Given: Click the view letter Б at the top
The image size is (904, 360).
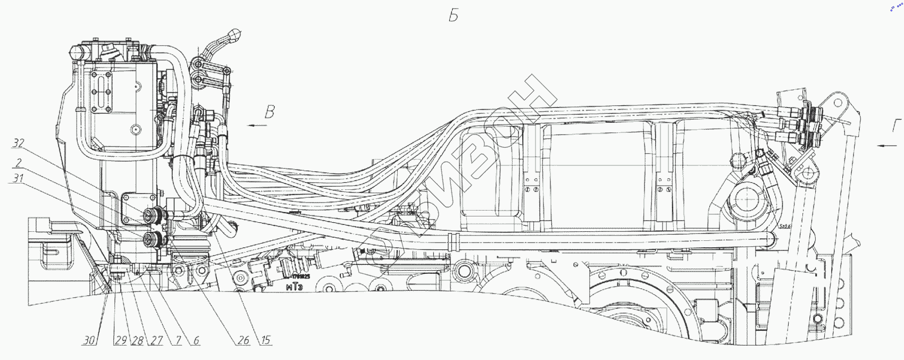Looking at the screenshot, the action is pos(454,16).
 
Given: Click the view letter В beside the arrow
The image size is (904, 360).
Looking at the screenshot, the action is pos(270,112).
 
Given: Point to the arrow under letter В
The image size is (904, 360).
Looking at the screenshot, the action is pos(257,125).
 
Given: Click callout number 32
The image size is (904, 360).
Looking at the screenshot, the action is pos(19,143).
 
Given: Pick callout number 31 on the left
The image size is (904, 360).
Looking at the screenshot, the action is pos(18,178).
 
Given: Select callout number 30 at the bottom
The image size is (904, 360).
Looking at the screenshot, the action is pos(89,340).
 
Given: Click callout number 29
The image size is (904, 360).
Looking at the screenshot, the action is pos(121,340).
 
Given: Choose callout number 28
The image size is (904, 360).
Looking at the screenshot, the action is pos(138,340).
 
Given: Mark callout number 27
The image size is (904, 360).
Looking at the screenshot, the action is pos(156,340).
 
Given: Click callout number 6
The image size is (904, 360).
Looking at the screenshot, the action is pos(196,340).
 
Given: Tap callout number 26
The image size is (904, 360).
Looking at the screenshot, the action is pos(243,340).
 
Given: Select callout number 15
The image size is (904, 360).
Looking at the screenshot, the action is pos(265,340).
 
